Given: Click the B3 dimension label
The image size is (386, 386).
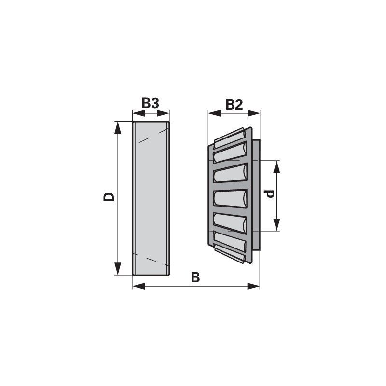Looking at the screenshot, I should point(151,104).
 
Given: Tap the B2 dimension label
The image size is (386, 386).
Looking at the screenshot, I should point(234,104).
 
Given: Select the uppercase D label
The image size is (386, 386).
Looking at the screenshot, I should point(110,196).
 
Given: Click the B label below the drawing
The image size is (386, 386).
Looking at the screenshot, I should point(195,277).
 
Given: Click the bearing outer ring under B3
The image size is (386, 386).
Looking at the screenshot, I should point(151,198).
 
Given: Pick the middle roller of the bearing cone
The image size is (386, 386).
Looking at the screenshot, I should point(231,198).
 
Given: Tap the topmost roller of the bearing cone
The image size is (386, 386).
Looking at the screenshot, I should point(230,138).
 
